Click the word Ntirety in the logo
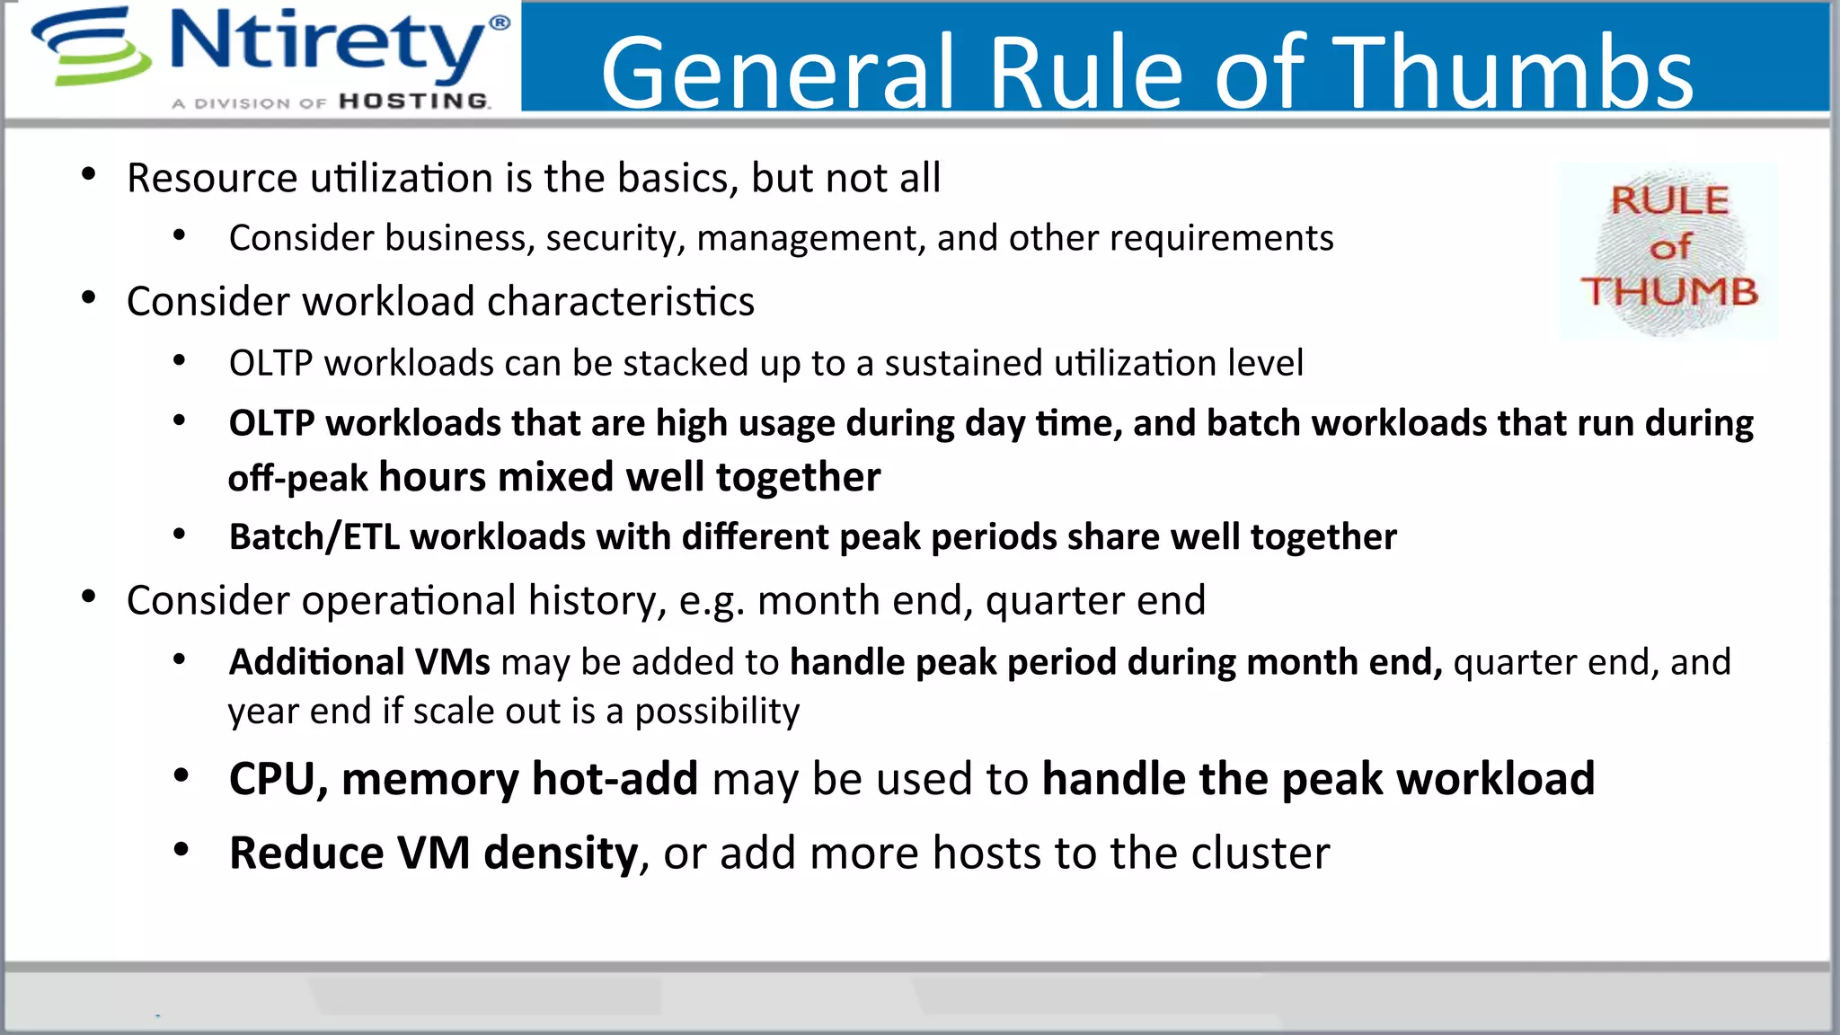pos(328,43)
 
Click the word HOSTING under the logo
pos(414,102)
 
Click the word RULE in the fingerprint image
pos(1669,200)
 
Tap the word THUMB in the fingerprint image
pos(1669,292)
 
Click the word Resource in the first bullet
pos(211,178)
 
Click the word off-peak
pos(297,478)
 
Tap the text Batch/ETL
pos(314,537)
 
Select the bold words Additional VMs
pos(359,662)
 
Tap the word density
pos(561,853)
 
